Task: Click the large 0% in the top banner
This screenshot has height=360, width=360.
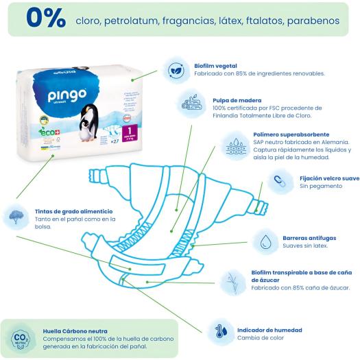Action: coord(46,19)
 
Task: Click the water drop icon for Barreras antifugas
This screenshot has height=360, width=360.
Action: coord(265,241)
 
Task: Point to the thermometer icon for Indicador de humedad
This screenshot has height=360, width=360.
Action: coord(219,329)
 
